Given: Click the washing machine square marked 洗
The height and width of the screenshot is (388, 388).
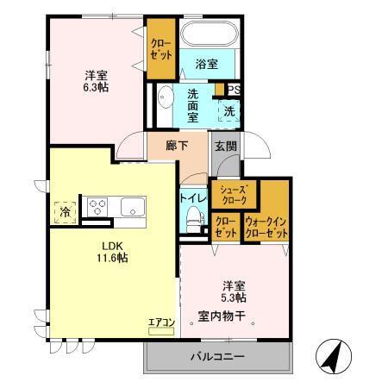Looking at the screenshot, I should click(229, 110).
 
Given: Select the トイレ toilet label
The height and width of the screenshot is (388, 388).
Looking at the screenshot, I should click(191, 197).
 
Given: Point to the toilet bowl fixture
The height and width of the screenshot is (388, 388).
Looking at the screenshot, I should click(191, 221).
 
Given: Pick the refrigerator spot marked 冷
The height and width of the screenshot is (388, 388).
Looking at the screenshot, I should click(66, 209).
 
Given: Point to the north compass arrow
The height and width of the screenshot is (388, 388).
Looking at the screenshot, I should click(331, 354).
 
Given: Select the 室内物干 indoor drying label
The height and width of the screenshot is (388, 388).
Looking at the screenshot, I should click(222, 316).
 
